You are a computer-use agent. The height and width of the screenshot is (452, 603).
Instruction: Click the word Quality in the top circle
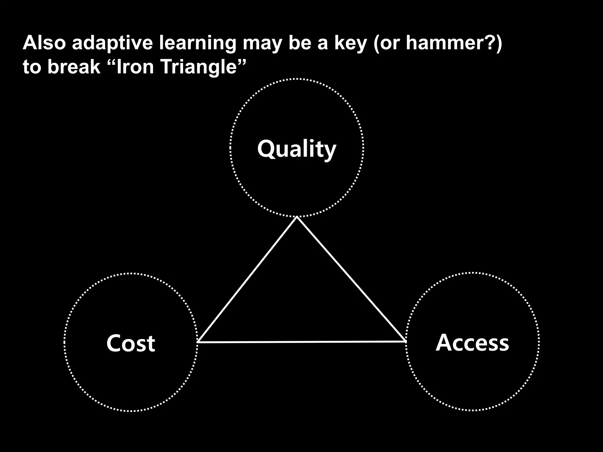pos(296,149)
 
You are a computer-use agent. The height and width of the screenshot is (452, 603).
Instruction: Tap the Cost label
pos(130,343)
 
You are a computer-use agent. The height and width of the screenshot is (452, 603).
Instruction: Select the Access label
pos(472,343)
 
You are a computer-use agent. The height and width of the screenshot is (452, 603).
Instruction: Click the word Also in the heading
pos(44,43)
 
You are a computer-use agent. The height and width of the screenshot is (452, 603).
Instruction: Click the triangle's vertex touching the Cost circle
pos(198,342)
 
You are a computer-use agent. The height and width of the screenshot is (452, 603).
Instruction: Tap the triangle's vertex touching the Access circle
pos(405,341)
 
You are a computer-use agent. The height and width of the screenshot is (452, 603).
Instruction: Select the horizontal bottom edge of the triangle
pos(302,342)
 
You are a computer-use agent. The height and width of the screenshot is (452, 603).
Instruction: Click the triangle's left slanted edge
pos(248,280)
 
